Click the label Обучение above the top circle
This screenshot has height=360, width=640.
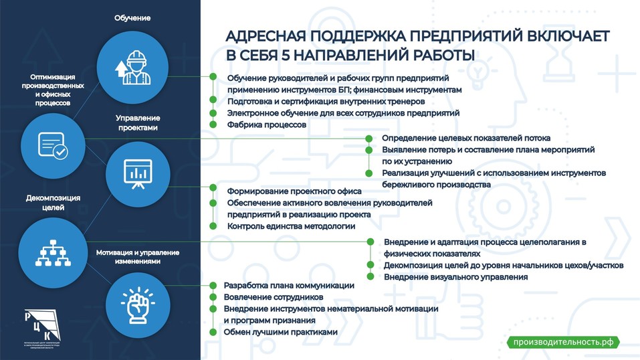pyautogui.click(x=132, y=18)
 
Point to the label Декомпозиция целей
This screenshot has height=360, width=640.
pyautogui.click(x=53, y=203)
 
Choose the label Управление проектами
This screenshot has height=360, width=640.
pyautogui.click(x=137, y=122)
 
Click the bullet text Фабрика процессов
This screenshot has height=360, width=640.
pyautogui.click(x=266, y=125)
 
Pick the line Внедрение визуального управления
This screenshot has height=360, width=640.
pyautogui.click(x=455, y=276)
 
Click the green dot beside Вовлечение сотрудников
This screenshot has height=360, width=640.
pyautogui.click(x=213, y=296)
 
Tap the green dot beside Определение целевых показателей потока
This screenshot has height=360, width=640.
pyautogui.click(x=368, y=138)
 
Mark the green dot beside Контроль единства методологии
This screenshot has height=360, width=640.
pyautogui.click(x=213, y=226)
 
